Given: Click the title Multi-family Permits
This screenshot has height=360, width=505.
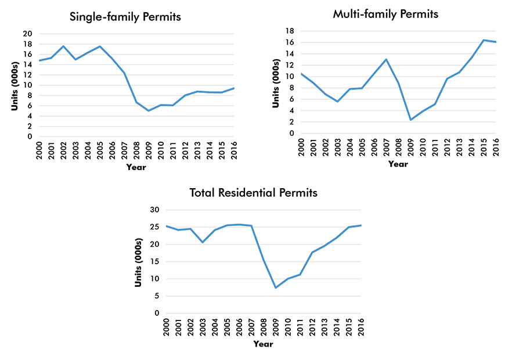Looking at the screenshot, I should click(385, 14).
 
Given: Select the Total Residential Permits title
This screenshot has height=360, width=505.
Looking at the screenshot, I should click(254, 192).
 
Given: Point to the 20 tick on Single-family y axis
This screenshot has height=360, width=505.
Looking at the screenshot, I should click(27, 34).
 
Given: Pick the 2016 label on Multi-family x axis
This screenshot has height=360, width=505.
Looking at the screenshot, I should click(496, 146).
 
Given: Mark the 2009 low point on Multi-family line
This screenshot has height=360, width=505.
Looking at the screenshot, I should click(410, 120).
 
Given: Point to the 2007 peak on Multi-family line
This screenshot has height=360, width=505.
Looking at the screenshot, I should click(386, 59).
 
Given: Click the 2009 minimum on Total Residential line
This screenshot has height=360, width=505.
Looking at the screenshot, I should click(276, 287).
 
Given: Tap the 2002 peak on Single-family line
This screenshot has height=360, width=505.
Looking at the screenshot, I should click(63, 46).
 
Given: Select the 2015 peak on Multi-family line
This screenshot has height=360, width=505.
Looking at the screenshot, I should click(484, 40).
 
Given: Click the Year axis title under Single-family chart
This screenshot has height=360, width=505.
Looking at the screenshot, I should click(136, 167).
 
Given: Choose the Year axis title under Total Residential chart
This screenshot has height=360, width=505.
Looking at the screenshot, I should click(263, 344).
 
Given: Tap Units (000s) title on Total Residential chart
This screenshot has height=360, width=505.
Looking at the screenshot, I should click(139, 261).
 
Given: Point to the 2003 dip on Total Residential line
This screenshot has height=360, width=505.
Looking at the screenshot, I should click(202, 242).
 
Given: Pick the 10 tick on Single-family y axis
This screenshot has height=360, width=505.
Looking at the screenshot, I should click(27, 85).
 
